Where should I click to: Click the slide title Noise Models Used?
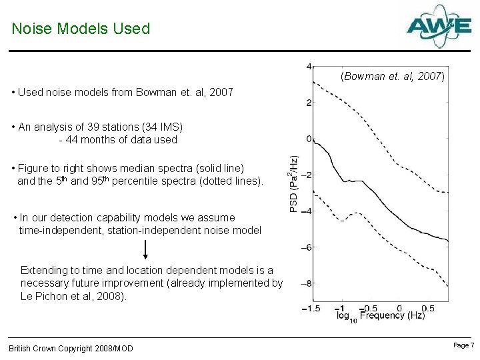click(81, 29)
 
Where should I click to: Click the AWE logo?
click(439, 26)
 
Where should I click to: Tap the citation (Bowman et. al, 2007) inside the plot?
click(392, 76)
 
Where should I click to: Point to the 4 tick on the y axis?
click(308, 66)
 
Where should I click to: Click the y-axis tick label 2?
click(308, 103)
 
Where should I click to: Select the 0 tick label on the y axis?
click(308, 139)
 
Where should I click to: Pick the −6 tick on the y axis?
click(306, 247)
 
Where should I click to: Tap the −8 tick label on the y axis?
click(306, 283)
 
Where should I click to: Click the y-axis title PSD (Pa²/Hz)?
click(294, 184)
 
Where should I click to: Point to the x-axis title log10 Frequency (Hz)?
click(381, 316)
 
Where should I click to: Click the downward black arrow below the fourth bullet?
click(145, 249)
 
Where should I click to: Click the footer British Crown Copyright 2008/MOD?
click(71, 348)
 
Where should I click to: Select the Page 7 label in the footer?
click(463, 345)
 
